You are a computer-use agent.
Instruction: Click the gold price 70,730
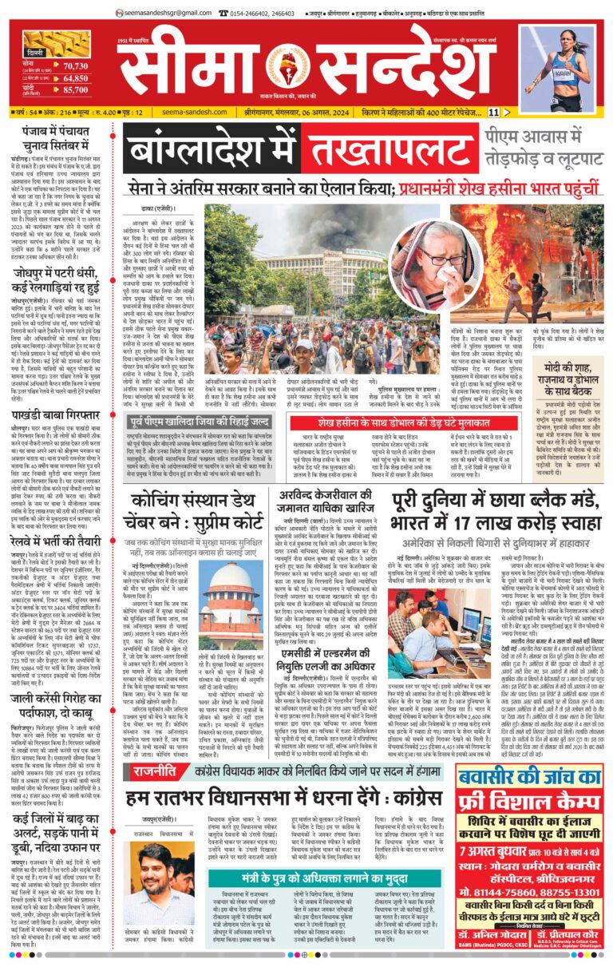click(74, 65)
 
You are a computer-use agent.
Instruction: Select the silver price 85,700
click(74, 90)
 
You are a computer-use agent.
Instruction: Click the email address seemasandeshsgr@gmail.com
click(168, 13)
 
